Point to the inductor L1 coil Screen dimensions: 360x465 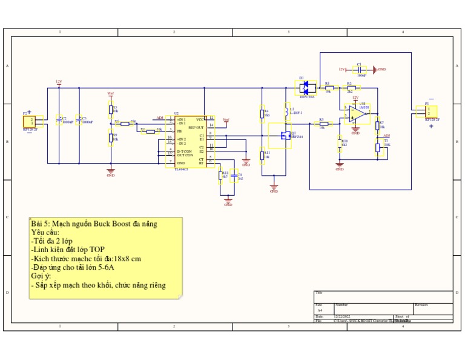click(x=286, y=111)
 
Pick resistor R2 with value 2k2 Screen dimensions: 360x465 click(x=349, y=88)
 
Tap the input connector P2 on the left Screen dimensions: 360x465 click(x=30, y=121)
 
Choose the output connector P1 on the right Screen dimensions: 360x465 click(x=430, y=112)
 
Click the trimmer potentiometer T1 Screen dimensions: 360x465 click(x=378, y=146)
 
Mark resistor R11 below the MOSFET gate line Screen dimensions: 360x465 click(x=262, y=156)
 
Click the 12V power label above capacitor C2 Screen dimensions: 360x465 click(x=59, y=81)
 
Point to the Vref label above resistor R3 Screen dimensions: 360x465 click(x=110, y=93)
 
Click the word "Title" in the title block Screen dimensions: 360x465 click(x=319, y=293)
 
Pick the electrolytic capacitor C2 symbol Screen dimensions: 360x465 click(x=59, y=120)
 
